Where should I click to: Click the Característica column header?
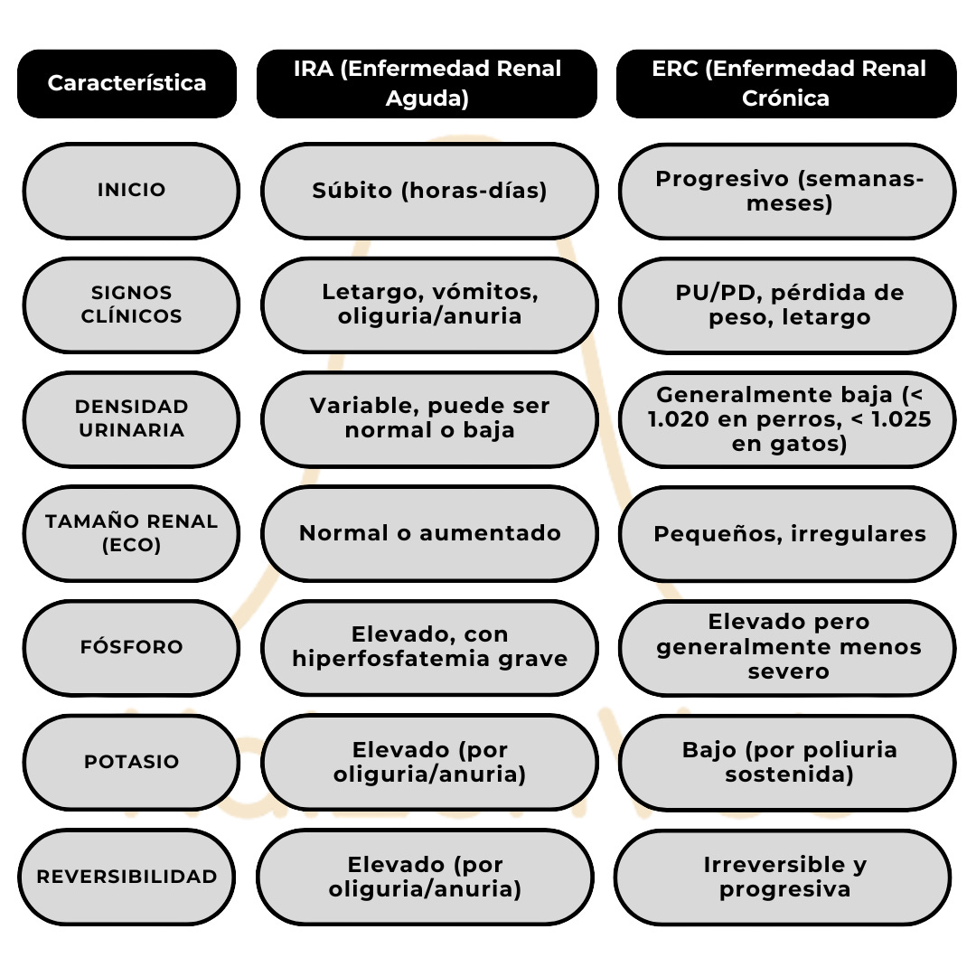[127, 83]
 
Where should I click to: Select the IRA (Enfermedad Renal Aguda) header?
[427, 83]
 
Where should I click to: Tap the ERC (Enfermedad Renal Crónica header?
[786, 83]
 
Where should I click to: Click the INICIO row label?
[131, 191]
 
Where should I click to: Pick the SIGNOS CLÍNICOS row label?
[131, 305]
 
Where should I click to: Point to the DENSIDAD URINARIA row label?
[131, 418]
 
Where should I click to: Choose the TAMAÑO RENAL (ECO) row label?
[131, 533]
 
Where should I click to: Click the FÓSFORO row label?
[131, 647]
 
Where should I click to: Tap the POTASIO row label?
[131, 762]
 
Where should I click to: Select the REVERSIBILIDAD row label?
[127, 877]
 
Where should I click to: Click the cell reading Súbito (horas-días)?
[429, 191]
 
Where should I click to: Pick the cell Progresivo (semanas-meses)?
[786, 191]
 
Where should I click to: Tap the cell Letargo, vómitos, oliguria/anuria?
[429, 305]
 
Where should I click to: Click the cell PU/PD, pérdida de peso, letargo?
[786, 305]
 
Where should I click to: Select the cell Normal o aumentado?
[429, 533]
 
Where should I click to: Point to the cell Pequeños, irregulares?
[786, 533]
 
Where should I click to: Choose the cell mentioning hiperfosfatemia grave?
[429, 647]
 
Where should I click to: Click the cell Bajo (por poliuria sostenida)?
[786, 762]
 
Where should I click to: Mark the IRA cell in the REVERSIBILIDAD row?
[425, 877]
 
